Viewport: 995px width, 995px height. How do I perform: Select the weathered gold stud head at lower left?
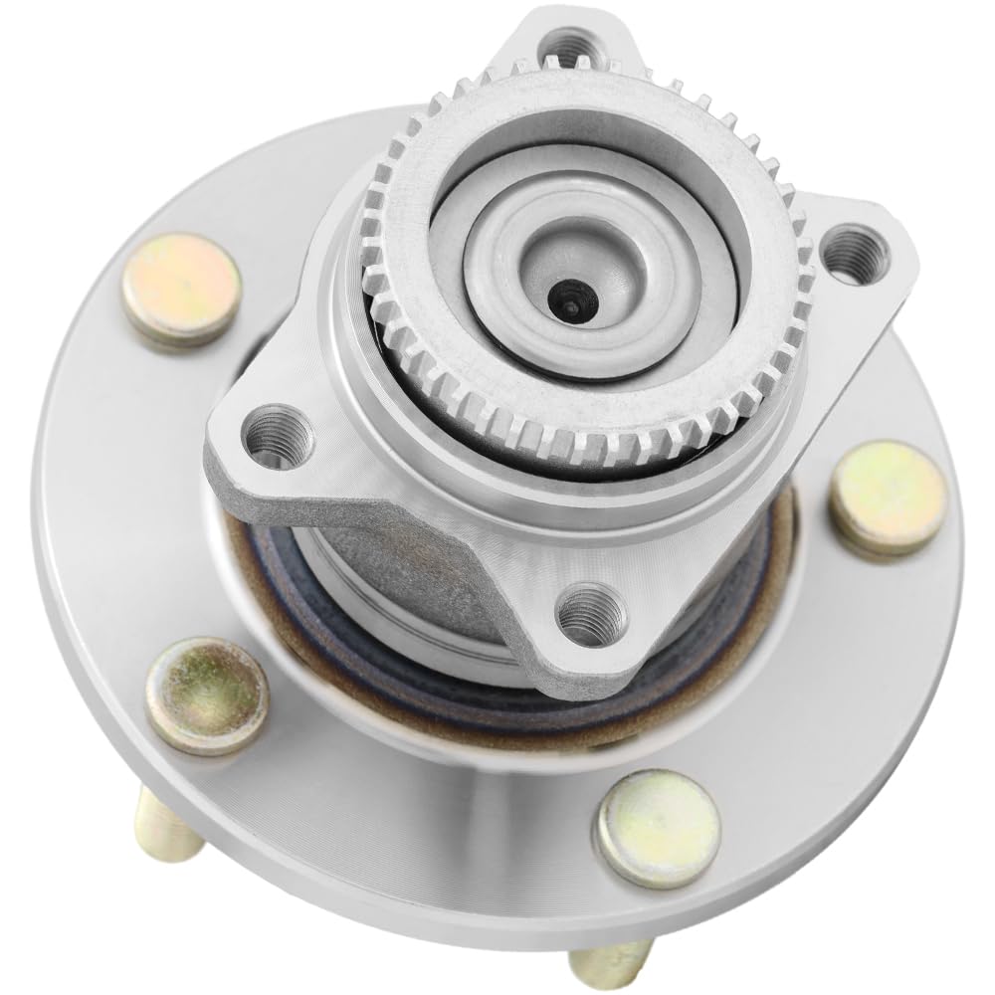[x=206, y=695]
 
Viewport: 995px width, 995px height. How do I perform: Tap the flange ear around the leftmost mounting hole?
[x=249, y=458]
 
